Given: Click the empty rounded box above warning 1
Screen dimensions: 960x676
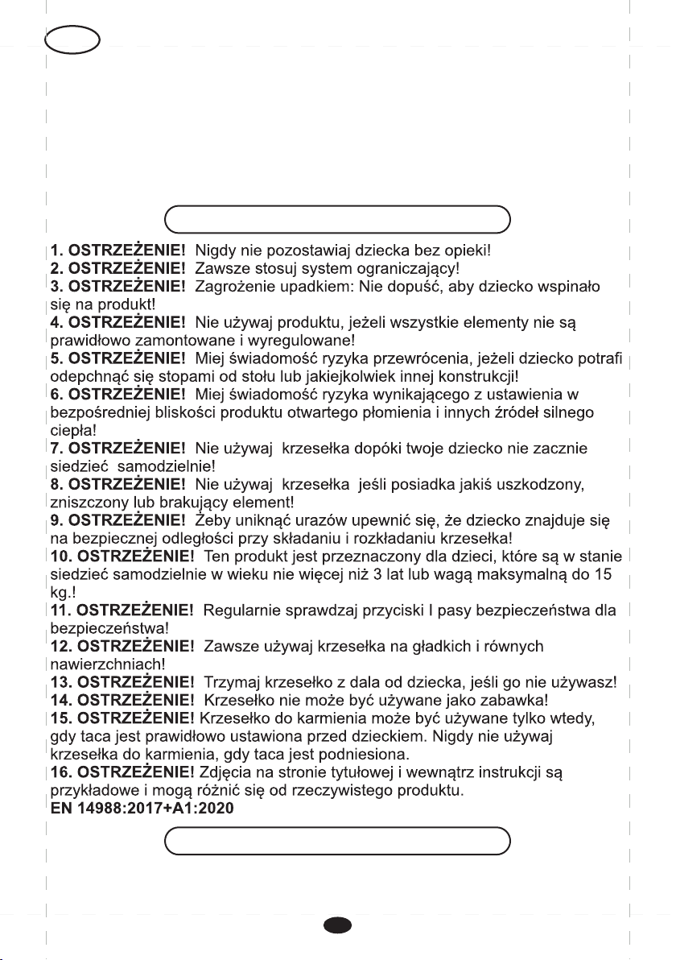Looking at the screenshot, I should (337, 218).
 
